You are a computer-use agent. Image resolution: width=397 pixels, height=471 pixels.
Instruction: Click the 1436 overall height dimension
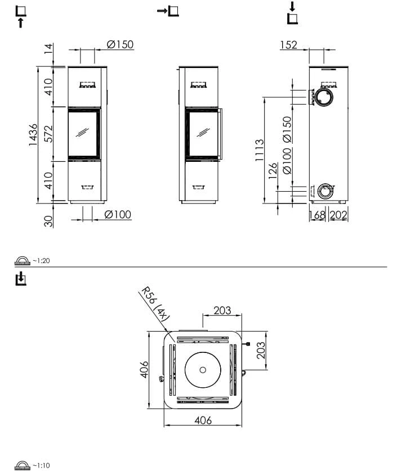pos(33,135)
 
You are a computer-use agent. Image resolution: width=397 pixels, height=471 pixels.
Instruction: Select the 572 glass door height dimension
pos(48,134)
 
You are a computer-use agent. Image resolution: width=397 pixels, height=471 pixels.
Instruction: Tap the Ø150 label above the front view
pos(120,44)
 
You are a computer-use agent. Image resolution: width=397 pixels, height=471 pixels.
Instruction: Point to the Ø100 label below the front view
pos(118,215)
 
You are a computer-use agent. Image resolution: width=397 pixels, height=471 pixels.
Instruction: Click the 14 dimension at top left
pos(48,49)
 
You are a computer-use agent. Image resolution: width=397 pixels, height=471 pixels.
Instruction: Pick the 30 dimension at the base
pos(48,221)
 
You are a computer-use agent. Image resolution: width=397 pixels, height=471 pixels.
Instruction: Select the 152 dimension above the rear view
pos(289,45)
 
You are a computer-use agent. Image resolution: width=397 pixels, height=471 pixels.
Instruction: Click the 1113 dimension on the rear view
pos(259,150)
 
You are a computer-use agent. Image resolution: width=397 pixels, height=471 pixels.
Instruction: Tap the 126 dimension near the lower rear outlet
pos(273,171)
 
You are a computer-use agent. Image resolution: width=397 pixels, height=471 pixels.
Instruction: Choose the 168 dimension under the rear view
pos(317,215)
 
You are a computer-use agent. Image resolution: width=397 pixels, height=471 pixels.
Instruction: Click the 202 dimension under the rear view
pos(338,215)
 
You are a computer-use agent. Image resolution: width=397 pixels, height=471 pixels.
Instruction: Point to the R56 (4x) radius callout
pos(155,304)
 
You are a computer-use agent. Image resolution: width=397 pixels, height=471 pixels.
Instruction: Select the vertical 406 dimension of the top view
pos(144,369)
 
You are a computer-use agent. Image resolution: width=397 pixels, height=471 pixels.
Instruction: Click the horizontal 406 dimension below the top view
pos(203,420)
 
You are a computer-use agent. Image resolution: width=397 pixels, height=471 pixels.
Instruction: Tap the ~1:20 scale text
pos(41,261)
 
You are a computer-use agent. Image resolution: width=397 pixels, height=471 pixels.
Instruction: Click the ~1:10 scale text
pos(41,465)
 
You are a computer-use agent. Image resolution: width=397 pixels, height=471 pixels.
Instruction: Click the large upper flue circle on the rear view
pos(324,97)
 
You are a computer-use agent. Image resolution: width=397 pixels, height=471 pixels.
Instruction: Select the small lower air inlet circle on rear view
pos(325,191)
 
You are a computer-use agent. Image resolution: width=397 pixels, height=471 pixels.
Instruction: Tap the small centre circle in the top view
pos(203,370)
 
